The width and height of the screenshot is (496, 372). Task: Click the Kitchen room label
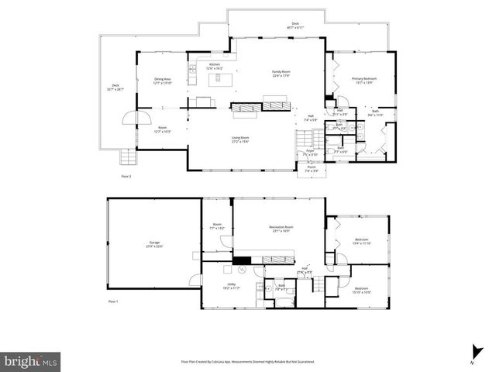[215, 67]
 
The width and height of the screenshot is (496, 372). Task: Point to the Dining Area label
[161, 81]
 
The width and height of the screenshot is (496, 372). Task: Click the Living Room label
[240, 139]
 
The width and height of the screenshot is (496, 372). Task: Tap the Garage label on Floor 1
[154, 244]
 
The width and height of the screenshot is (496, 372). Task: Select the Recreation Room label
[280, 229]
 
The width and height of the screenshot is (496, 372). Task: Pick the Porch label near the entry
[312, 169]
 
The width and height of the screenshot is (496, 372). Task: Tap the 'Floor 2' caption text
[126, 177]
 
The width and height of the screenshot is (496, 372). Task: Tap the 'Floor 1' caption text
[112, 301]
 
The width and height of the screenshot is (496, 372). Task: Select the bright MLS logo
[30, 360]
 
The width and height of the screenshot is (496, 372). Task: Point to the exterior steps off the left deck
[126, 157]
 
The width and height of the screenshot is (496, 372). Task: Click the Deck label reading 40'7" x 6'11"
[294, 25]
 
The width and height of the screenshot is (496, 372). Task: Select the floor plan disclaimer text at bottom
[247, 361]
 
